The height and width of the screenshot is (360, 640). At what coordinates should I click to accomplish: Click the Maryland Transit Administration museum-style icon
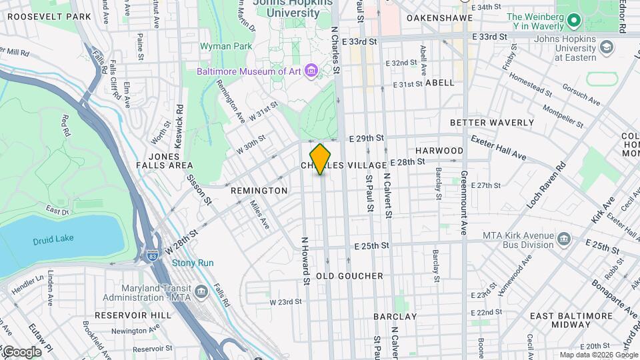pyautogui.click(x=201, y=292)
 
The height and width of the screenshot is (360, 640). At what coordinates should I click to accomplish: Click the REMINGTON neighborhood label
pyautogui.click(x=259, y=191)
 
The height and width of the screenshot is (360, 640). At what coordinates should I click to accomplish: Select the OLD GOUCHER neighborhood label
pyautogui.click(x=349, y=276)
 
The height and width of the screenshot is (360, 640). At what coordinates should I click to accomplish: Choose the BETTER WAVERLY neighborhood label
pyautogui.click(x=492, y=123)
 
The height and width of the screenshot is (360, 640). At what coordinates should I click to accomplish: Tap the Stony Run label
pyautogui.click(x=193, y=263)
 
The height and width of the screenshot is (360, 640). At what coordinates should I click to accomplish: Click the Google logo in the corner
pyautogui.click(x=21, y=351)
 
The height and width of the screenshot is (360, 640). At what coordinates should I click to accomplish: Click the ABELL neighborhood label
pyautogui.click(x=439, y=83)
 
